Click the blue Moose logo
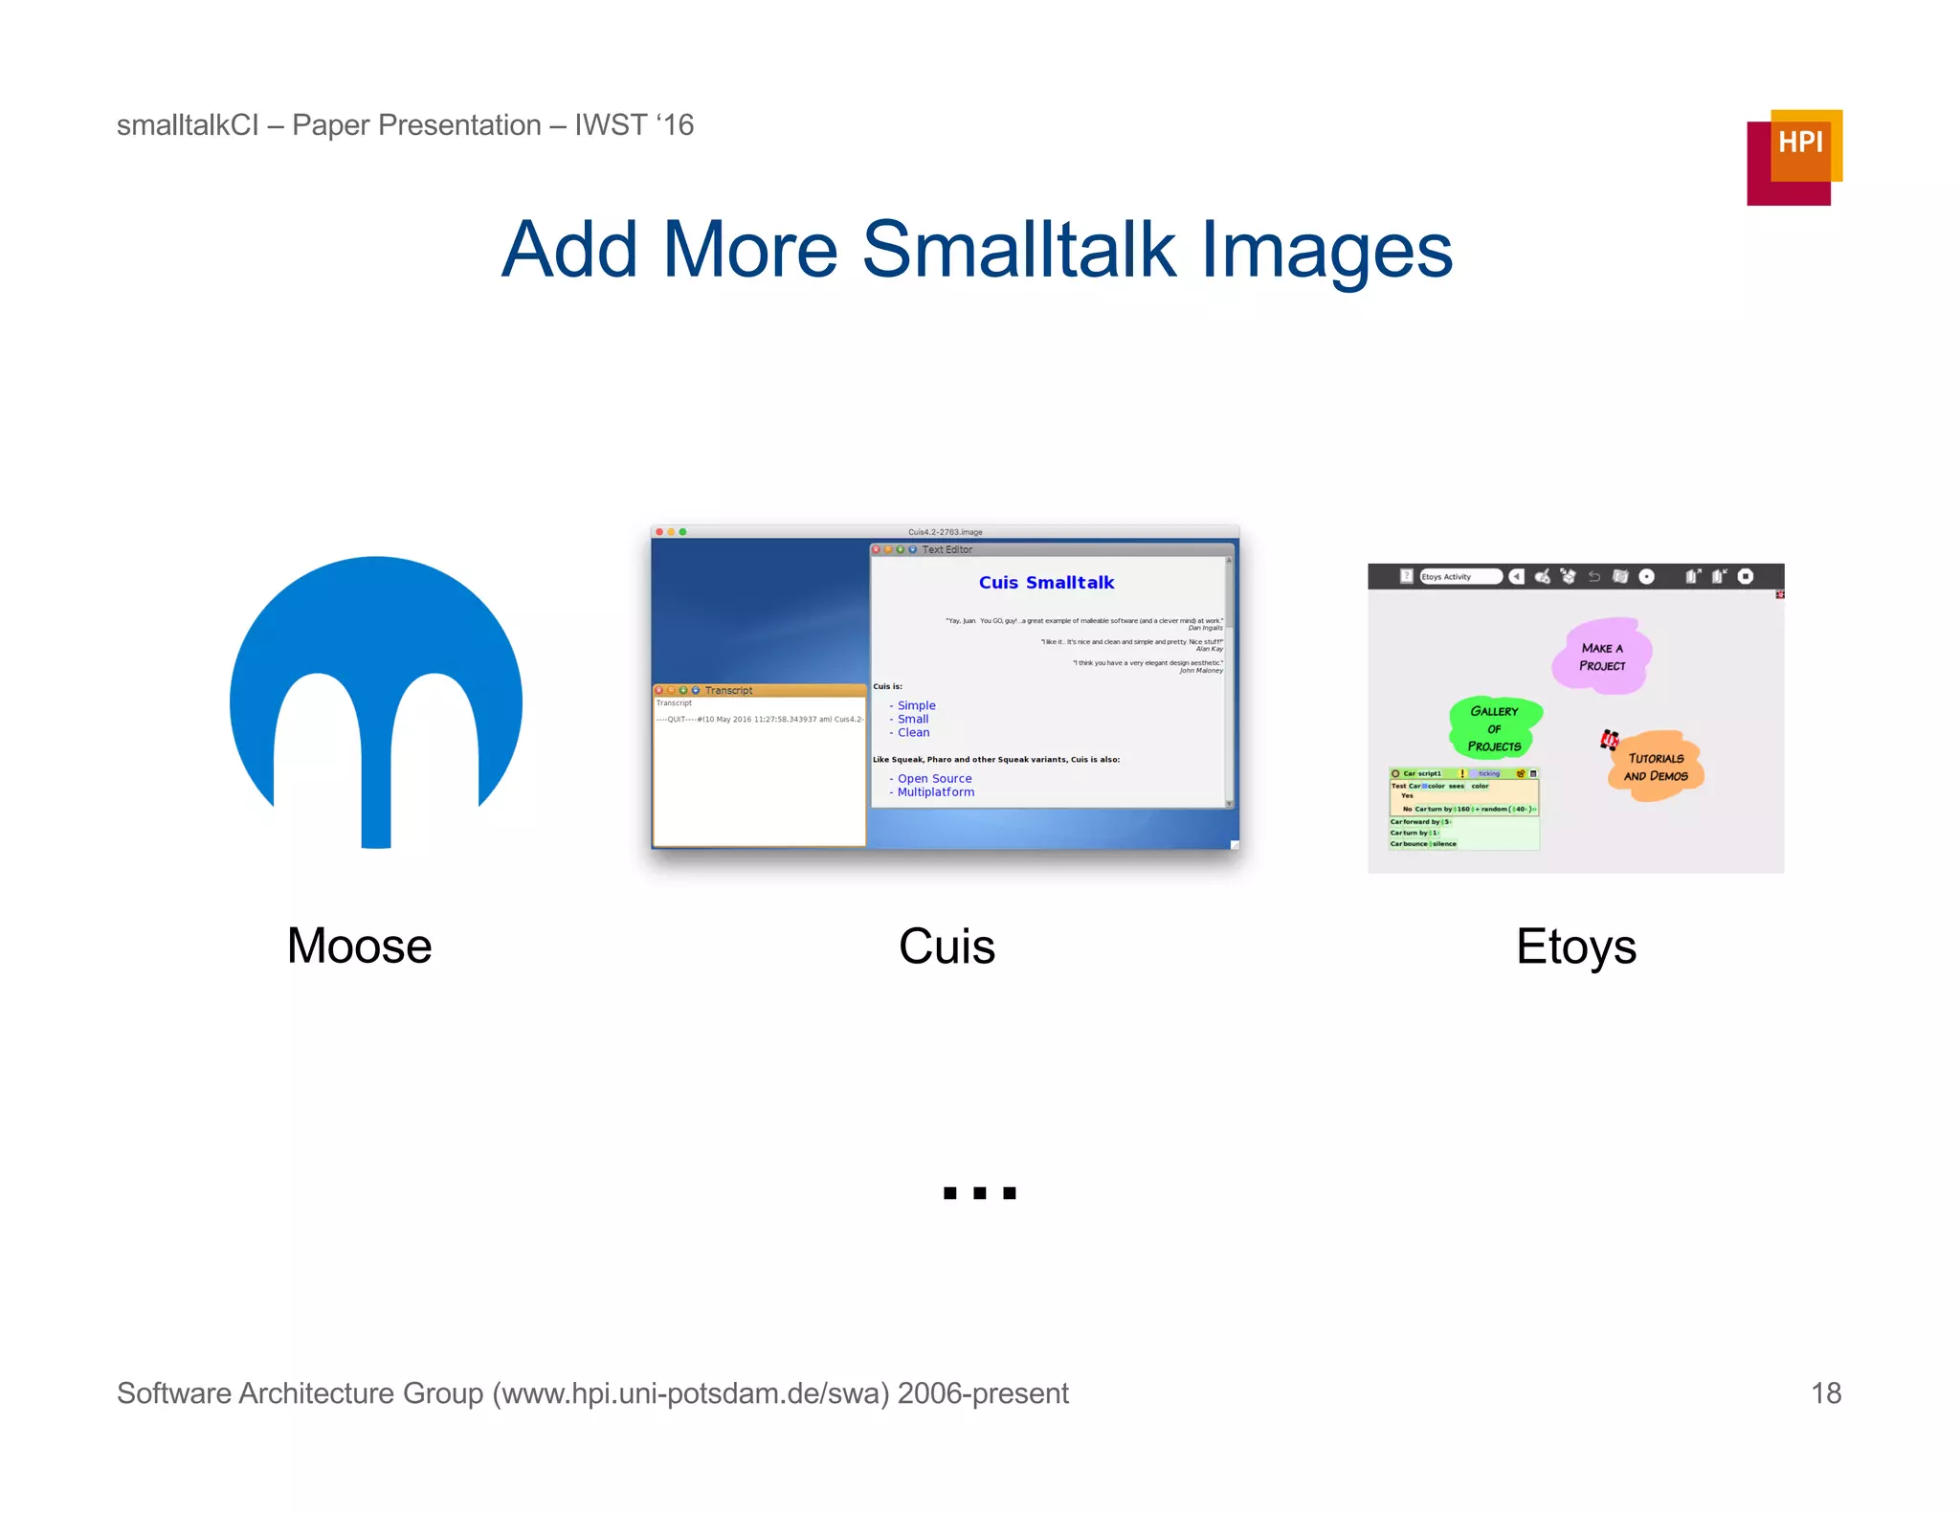click(x=376, y=670)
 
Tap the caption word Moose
click(x=359, y=946)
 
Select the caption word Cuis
click(x=947, y=946)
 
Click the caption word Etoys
click(x=1575, y=946)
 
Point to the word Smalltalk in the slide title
click(x=1018, y=251)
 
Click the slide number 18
click(x=1825, y=1392)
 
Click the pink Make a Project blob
click(x=1601, y=657)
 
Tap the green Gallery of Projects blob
click(x=1494, y=727)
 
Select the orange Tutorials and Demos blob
click(x=1656, y=767)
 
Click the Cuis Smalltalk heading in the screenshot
click(x=1046, y=582)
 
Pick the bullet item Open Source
click(x=934, y=778)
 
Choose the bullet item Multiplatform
click(x=935, y=792)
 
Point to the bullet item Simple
click(x=916, y=705)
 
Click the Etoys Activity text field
click(x=1459, y=576)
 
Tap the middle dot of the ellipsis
click(x=979, y=1192)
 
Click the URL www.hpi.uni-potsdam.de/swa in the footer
click(x=689, y=1392)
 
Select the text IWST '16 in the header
click(x=634, y=125)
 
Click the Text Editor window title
click(x=947, y=549)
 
